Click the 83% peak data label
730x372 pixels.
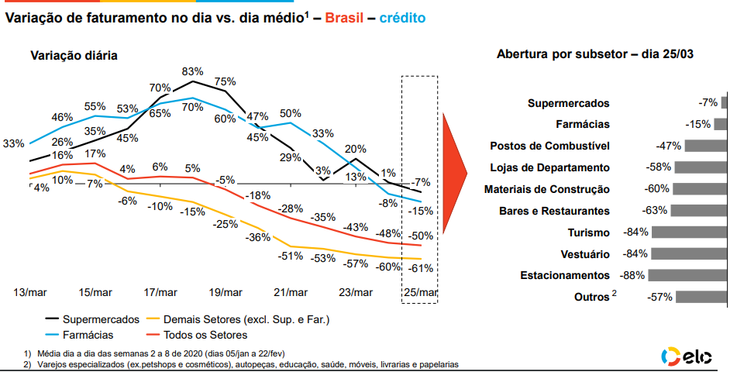coord(192,71)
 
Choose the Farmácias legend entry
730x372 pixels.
coord(87,335)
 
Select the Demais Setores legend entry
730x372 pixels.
coord(237,319)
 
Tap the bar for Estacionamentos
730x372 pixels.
coord(687,275)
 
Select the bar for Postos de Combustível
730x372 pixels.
coord(704,146)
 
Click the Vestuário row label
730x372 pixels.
coord(584,253)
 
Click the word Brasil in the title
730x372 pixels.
coord(344,17)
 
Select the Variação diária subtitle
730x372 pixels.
coord(74,55)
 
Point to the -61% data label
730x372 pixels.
coord(421,268)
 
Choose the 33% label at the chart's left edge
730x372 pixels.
coord(14,143)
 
